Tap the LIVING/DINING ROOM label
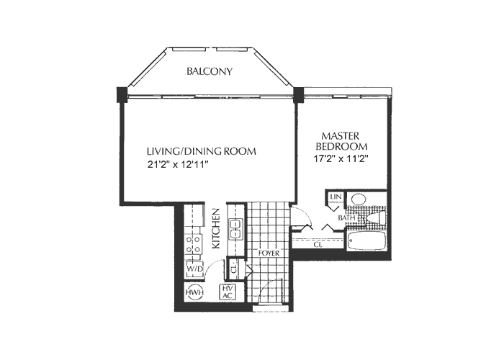coord(202,152)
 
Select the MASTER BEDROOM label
coord(345,141)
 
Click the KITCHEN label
coord(215,229)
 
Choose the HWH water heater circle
coord(193,293)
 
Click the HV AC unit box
coord(227,292)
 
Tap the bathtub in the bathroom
coord(368,240)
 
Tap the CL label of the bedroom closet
coord(318,245)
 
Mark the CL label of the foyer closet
coord(234,271)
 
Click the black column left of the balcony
coord(121,94)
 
